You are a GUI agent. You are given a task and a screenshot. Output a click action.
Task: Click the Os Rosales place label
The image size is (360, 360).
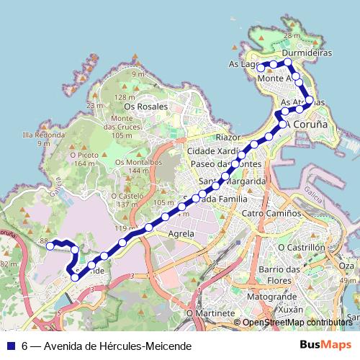click(x=148, y=107)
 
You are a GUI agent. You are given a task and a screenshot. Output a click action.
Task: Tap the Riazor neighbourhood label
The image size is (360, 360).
click(x=227, y=137)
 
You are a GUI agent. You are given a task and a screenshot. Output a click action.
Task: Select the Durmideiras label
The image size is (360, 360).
click(x=307, y=53)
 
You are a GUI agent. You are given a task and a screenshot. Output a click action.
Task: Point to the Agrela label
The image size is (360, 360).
click(x=181, y=234)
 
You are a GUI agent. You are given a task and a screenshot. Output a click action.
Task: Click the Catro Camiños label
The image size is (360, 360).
click(x=271, y=214)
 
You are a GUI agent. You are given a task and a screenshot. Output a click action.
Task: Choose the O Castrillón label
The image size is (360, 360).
click(x=301, y=247)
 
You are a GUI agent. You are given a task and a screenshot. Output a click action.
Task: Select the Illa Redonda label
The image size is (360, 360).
click(x=44, y=135)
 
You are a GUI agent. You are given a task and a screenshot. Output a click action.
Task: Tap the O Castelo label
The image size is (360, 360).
click(x=127, y=196)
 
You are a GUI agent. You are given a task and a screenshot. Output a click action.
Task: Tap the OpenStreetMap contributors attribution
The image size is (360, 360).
click(x=297, y=323)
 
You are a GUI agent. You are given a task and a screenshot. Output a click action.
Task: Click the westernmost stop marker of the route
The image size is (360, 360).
click(x=50, y=246)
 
